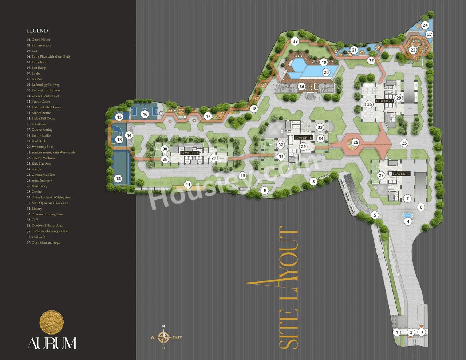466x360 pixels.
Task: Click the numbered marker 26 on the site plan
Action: click(x=356, y=142)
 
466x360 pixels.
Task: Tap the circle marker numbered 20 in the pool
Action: click(x=326, y=72)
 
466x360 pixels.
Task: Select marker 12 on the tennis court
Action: click(x=118, y=178)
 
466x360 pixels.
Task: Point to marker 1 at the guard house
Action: click(x=397, y=332)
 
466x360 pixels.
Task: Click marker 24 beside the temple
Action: click(x=425, y=25)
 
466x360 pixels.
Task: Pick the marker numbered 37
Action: click(x=295, y=41)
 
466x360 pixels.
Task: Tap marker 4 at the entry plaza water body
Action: click(x=408, y=221)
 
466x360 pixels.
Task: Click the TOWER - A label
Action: click(x=190, y=153)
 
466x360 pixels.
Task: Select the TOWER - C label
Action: click(x=401, y=174)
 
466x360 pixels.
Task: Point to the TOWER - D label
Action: click(x=384, y=101)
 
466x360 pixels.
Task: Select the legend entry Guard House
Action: click(x=38, y=40)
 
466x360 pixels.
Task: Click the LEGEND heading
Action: click(x=37, y=31)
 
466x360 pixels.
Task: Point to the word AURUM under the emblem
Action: click(x=52, y=343)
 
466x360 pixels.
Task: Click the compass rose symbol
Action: click(x=163, y=337)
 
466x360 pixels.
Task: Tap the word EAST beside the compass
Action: click(x=177, y=338)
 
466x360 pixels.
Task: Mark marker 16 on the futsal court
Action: click(x=145, y=114)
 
